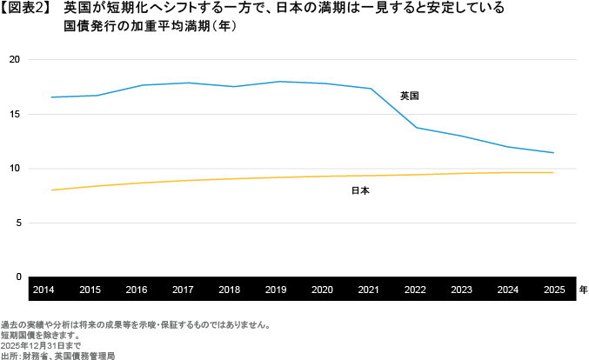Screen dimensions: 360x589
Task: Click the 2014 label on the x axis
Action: (x=44, y=289)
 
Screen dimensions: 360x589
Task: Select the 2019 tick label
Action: (x=275, y=289)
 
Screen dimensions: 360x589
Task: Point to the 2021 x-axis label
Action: (x=368, y=289)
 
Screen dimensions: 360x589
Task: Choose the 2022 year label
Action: (x=414, y=289)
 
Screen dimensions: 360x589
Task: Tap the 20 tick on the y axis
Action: (x=15, y=60)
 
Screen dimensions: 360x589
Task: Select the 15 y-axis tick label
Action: (x=15, y=114)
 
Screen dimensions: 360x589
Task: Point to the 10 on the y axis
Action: (x=15, y=169)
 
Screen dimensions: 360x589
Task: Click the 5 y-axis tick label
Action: (x=17, y=223)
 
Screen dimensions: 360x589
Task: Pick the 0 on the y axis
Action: (x=17, y=277)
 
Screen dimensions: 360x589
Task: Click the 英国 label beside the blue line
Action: (x=409, y=96)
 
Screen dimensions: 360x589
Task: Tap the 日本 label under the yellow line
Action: (x=360, y=190)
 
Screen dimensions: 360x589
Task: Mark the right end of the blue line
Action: (x=553, y=153)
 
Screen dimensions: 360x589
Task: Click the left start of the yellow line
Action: (x=52, y=190)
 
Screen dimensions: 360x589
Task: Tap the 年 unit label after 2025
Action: (x=583, y=289)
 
